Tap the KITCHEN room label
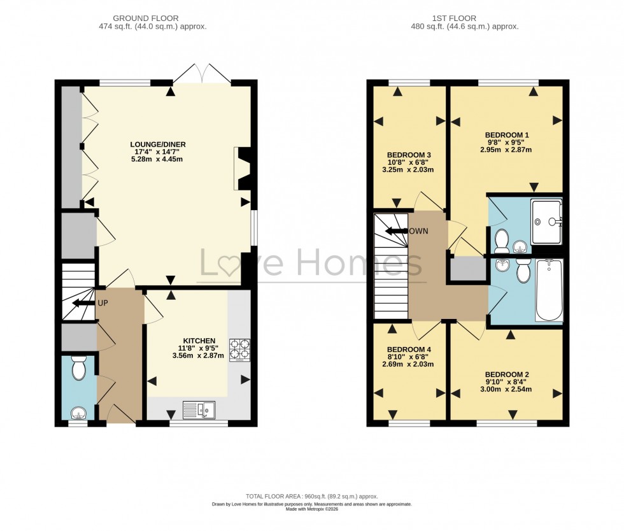click(199, 341)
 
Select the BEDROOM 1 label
click(507, 134)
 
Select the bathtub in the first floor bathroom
click(549, 290)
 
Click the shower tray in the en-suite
click(546, 222)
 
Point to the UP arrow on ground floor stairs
click(83, 303)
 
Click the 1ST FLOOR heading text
click(465, 18)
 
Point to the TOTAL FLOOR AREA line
click(312, 496)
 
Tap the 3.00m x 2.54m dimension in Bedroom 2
click(507, 390)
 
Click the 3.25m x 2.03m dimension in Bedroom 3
click(408, 170)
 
